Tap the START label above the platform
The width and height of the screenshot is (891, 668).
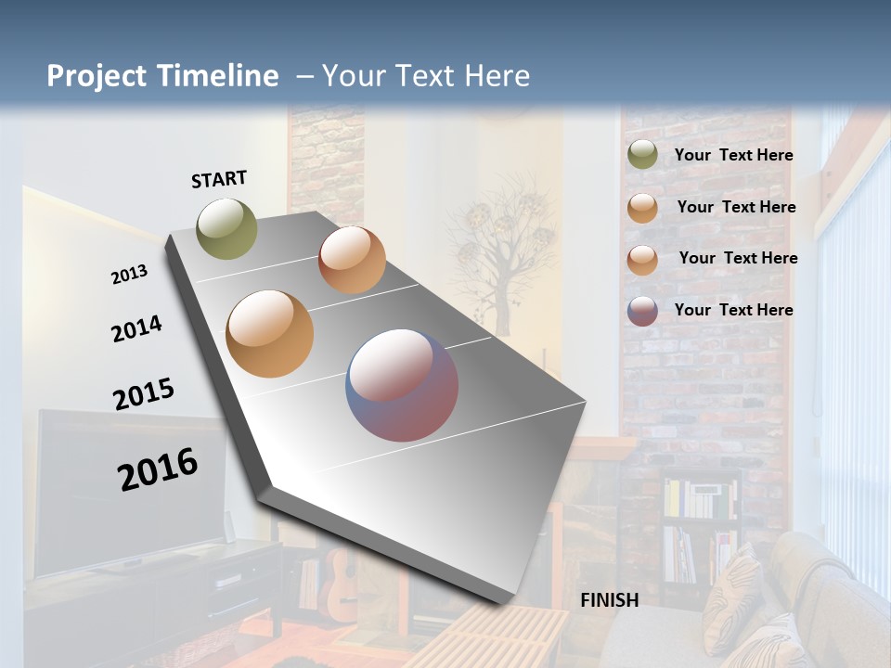[x=219, y=179]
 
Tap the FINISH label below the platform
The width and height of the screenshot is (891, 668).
[x=610, y=600]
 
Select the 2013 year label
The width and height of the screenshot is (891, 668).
[x=129, y=275]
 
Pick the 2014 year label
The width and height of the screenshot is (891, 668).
[x=136, y=328]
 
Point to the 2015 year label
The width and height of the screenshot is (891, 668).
[x=144, y=394]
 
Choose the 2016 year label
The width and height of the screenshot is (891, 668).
[x=158, y=469]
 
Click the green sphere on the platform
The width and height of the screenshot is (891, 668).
[x=227, y=228]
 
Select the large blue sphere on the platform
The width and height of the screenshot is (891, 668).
[x=402, y=385]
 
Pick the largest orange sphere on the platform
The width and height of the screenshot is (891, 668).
[x=270, y=334]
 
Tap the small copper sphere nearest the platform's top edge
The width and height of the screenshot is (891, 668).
[x=352, y=260]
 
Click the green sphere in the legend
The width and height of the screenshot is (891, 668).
[x=642, y=155]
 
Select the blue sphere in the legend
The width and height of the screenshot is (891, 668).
[x=642, y=311]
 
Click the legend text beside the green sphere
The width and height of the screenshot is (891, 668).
[x=733, y=155]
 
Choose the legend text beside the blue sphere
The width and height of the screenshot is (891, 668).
[x=733, y=310]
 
